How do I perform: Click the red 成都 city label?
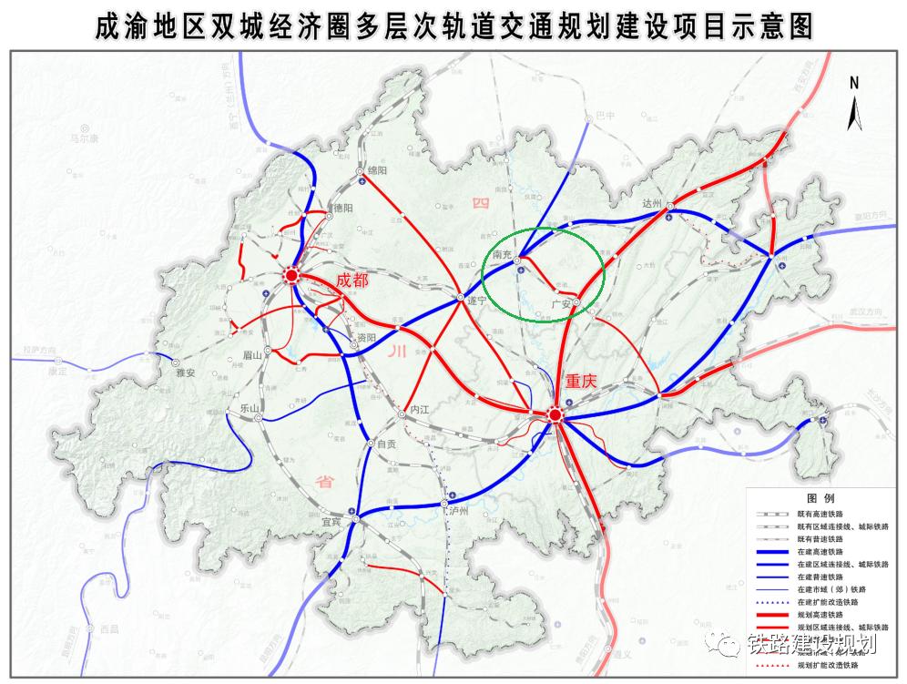pyautogui.click(x=352, y=281)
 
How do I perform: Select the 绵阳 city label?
pyautogui.click(x=378, y=170)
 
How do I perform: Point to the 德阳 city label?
pyautogui.click(x=341, y=208)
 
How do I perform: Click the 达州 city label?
pyautogui.click(x=655, y=202)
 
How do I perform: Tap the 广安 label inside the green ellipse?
pyautogui.click(x=560, y=301)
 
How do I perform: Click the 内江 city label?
pyautogui.click(x=419, y=411)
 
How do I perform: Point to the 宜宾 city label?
pyautogui.click(x=334, y=522)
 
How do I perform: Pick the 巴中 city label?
pyautogui.click(x=606, y=116)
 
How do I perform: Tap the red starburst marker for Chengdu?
pyautogui.click(x=290, y=274)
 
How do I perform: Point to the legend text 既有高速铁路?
pyautogui.click(x=822, y=514)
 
